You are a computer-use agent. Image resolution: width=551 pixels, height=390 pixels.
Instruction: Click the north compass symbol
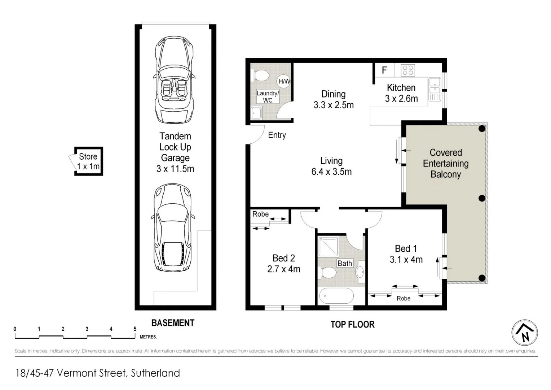coord(524,333)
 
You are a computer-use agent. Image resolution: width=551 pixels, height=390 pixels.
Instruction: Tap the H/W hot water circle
coord(284,81)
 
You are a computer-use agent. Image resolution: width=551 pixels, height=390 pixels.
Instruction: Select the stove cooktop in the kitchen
coord(408,70)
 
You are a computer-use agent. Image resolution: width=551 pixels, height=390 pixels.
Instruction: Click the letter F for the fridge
coord(384,70)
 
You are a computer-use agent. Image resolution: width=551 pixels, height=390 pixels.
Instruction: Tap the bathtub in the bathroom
coord(336,296)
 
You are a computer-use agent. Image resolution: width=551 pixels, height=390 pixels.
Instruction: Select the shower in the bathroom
coord(328,246)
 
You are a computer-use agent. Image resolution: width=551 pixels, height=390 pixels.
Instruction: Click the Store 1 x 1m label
coord(88,161)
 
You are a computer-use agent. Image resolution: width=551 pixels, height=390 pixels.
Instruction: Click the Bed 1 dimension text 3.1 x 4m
coord(406,260)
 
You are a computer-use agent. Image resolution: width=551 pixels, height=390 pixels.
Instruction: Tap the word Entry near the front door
coord(277,135)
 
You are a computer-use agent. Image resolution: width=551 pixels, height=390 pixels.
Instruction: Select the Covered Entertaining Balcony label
coord(446,164)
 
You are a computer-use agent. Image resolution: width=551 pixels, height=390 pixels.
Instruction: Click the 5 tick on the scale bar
coord(135,329)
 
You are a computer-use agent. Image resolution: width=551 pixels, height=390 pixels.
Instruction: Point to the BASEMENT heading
coord(173,323)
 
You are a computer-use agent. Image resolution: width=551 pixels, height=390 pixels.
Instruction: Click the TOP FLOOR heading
coord(352,324)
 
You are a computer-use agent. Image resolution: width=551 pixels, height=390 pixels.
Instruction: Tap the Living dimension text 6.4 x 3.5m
coord(331,172)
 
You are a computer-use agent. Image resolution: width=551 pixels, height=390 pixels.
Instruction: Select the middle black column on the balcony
coord(482,198)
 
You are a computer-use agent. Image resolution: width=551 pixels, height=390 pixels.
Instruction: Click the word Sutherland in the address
coord(155,373)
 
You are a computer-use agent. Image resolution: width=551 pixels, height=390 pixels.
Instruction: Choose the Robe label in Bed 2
coord(260,214)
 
